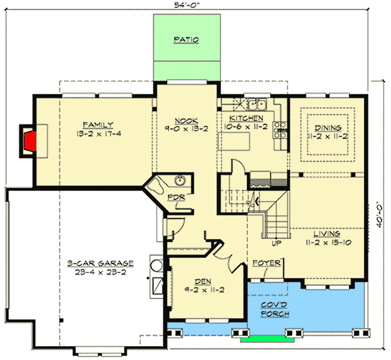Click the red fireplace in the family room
click(x=30, y=140)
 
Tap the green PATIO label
click(x=186, y=40)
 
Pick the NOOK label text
click(x=184, y=120)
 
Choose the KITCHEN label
click(x=246, y=119)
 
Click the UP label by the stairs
click(x=275, y=243)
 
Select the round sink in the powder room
click(x=180, y=180)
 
